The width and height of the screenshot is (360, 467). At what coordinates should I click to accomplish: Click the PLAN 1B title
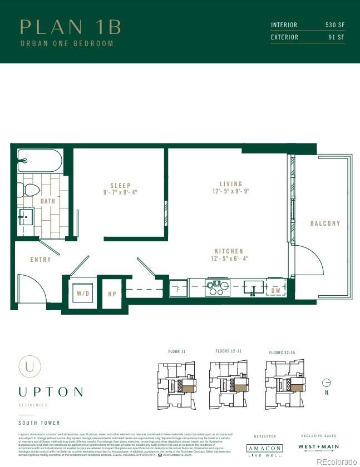pos(70,27)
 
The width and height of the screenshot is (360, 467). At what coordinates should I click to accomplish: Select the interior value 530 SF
pos(335,25)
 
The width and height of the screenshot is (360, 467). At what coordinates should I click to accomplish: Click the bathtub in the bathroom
pos(40,161)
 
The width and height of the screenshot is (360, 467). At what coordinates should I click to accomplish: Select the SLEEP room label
pos(120,186)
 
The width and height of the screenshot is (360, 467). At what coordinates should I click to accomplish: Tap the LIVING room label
pos(231,184)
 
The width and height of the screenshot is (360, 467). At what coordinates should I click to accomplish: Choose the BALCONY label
pos(325,223)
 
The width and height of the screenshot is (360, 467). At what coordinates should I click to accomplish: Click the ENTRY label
pos(41,260)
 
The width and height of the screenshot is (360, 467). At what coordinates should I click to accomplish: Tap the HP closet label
pos(112,294)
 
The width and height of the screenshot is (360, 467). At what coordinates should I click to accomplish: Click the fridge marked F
pos(178,288)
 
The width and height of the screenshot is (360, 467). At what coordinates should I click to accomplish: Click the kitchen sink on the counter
pos(254,287)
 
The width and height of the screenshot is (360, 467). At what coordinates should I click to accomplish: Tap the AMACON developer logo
pos(264,448)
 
